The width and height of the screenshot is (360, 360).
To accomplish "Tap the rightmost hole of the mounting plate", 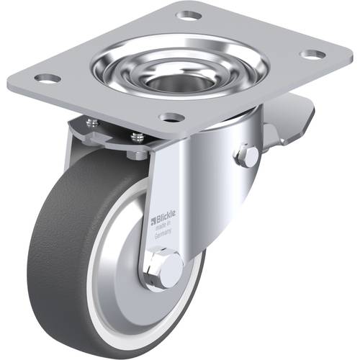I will tap(311, 54).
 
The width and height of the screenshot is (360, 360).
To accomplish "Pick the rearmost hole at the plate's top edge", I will tap(189, 14).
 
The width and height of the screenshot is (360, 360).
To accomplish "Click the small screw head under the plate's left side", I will tap(91, 123).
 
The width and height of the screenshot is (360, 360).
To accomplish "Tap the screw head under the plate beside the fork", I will tap(135, 135).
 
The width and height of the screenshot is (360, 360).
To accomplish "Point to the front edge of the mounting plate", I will tap(122, 122).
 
